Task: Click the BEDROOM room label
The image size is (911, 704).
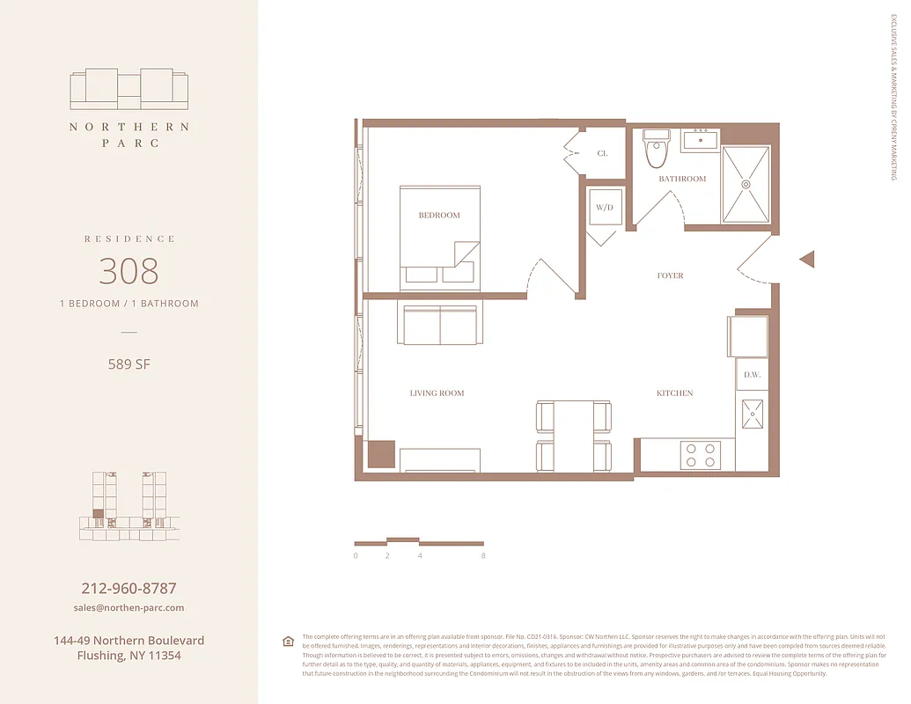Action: (438, 215)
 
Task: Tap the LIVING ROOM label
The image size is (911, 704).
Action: (437, 393)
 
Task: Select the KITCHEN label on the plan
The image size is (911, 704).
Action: (674, 393)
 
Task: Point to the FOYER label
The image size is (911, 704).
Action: (670, 275)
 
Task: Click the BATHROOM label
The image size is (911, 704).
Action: (682, 179)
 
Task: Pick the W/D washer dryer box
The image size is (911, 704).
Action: (604, 209)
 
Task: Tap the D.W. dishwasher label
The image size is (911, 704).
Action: (752, 375)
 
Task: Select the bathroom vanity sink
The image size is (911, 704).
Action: (701, 140)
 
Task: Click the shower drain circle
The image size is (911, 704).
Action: (746, 185)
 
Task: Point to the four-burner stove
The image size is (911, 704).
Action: (701, 455)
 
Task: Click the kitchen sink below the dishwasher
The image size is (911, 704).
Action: (753, 414)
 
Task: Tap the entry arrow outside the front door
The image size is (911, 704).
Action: (806, 259)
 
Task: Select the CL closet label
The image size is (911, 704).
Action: (602, 153)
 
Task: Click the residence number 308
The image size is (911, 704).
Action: (129, 271)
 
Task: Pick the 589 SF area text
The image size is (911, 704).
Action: (129, 363)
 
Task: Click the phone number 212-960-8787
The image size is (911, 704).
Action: (129, 588)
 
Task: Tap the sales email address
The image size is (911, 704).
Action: (129, 608)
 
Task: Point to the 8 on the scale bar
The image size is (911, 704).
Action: (483, 556)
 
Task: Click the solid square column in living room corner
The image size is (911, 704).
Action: (381, 454)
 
